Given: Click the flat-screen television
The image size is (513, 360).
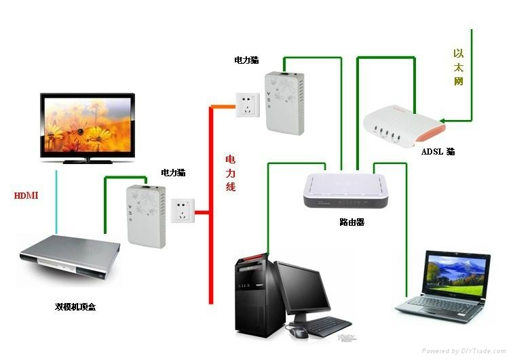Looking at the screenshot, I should pyautogui.click(x=87, y=125).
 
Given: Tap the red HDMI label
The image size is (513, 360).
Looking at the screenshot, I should pyautogui.click(x=26, y=196).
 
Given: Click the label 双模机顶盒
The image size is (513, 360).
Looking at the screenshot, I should pyautogui.click(x=75, y=306).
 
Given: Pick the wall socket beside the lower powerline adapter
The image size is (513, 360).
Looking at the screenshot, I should pyautogui.click(x=181, y=211).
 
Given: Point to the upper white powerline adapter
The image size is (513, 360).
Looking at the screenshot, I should pyautogui.click(x=282, y=102).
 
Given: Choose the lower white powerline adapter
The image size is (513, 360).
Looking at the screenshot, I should pyautogui.click(x=145, y=216).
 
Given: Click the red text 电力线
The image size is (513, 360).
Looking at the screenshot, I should pyautogui.click(x=231, y=172).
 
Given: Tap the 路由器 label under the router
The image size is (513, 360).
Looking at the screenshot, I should pyautogui.click(x=351, y=222).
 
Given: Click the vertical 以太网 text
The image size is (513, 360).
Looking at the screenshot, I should pyautogui.click(x=459, y=66).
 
